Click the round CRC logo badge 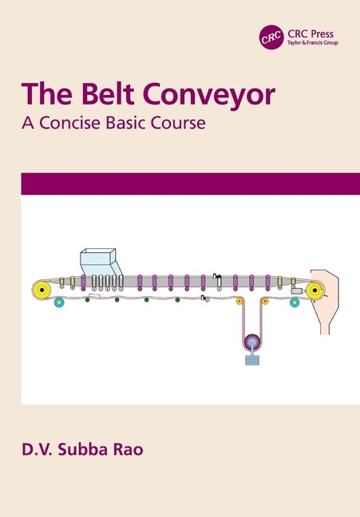click(x=271, y=37)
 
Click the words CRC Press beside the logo click(x=311, y=34)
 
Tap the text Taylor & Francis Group click(x=313, y=43)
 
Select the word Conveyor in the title click(x=208, y=96)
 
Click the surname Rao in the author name click(x=128, y=450)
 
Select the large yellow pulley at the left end click(x=42, y=290)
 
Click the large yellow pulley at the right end click(x=315, y=290)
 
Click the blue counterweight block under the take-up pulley click(x=252, y=361)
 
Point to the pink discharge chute click(x=325, y=302)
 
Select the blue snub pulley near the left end click(x=59, y=302)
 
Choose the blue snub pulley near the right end click(x=295, y=302)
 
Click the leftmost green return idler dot click(x=88, y=300)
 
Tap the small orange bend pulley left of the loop click(x=239, y=301)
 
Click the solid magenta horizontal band click(x=191, y=184)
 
